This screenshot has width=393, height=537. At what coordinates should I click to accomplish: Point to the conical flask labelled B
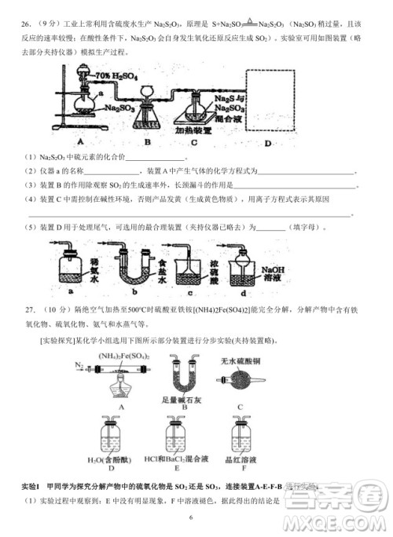147,115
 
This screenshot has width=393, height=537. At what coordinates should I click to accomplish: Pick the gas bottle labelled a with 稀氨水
72,272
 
